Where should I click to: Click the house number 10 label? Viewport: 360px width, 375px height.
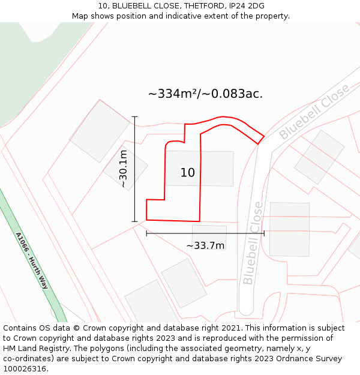point(187,173)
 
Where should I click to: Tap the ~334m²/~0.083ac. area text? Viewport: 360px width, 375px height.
point(205,94)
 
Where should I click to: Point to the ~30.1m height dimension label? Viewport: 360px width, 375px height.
point(123,169)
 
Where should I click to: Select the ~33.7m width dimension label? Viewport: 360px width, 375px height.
point(205,245)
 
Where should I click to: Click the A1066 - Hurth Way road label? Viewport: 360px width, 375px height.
point(31,260)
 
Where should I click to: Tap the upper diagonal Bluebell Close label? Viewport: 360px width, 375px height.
point(314,112)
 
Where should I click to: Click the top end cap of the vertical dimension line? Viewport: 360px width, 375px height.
point(134,117)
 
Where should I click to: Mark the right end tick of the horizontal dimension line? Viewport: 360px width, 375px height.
point(263,233)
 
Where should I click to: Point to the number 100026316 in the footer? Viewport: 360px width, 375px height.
point(25,368)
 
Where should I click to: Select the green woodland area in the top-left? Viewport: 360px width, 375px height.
point(30,66)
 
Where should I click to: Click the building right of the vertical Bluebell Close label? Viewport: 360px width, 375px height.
point(289,229)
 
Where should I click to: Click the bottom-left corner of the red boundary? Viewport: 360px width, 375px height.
point(147,220)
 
